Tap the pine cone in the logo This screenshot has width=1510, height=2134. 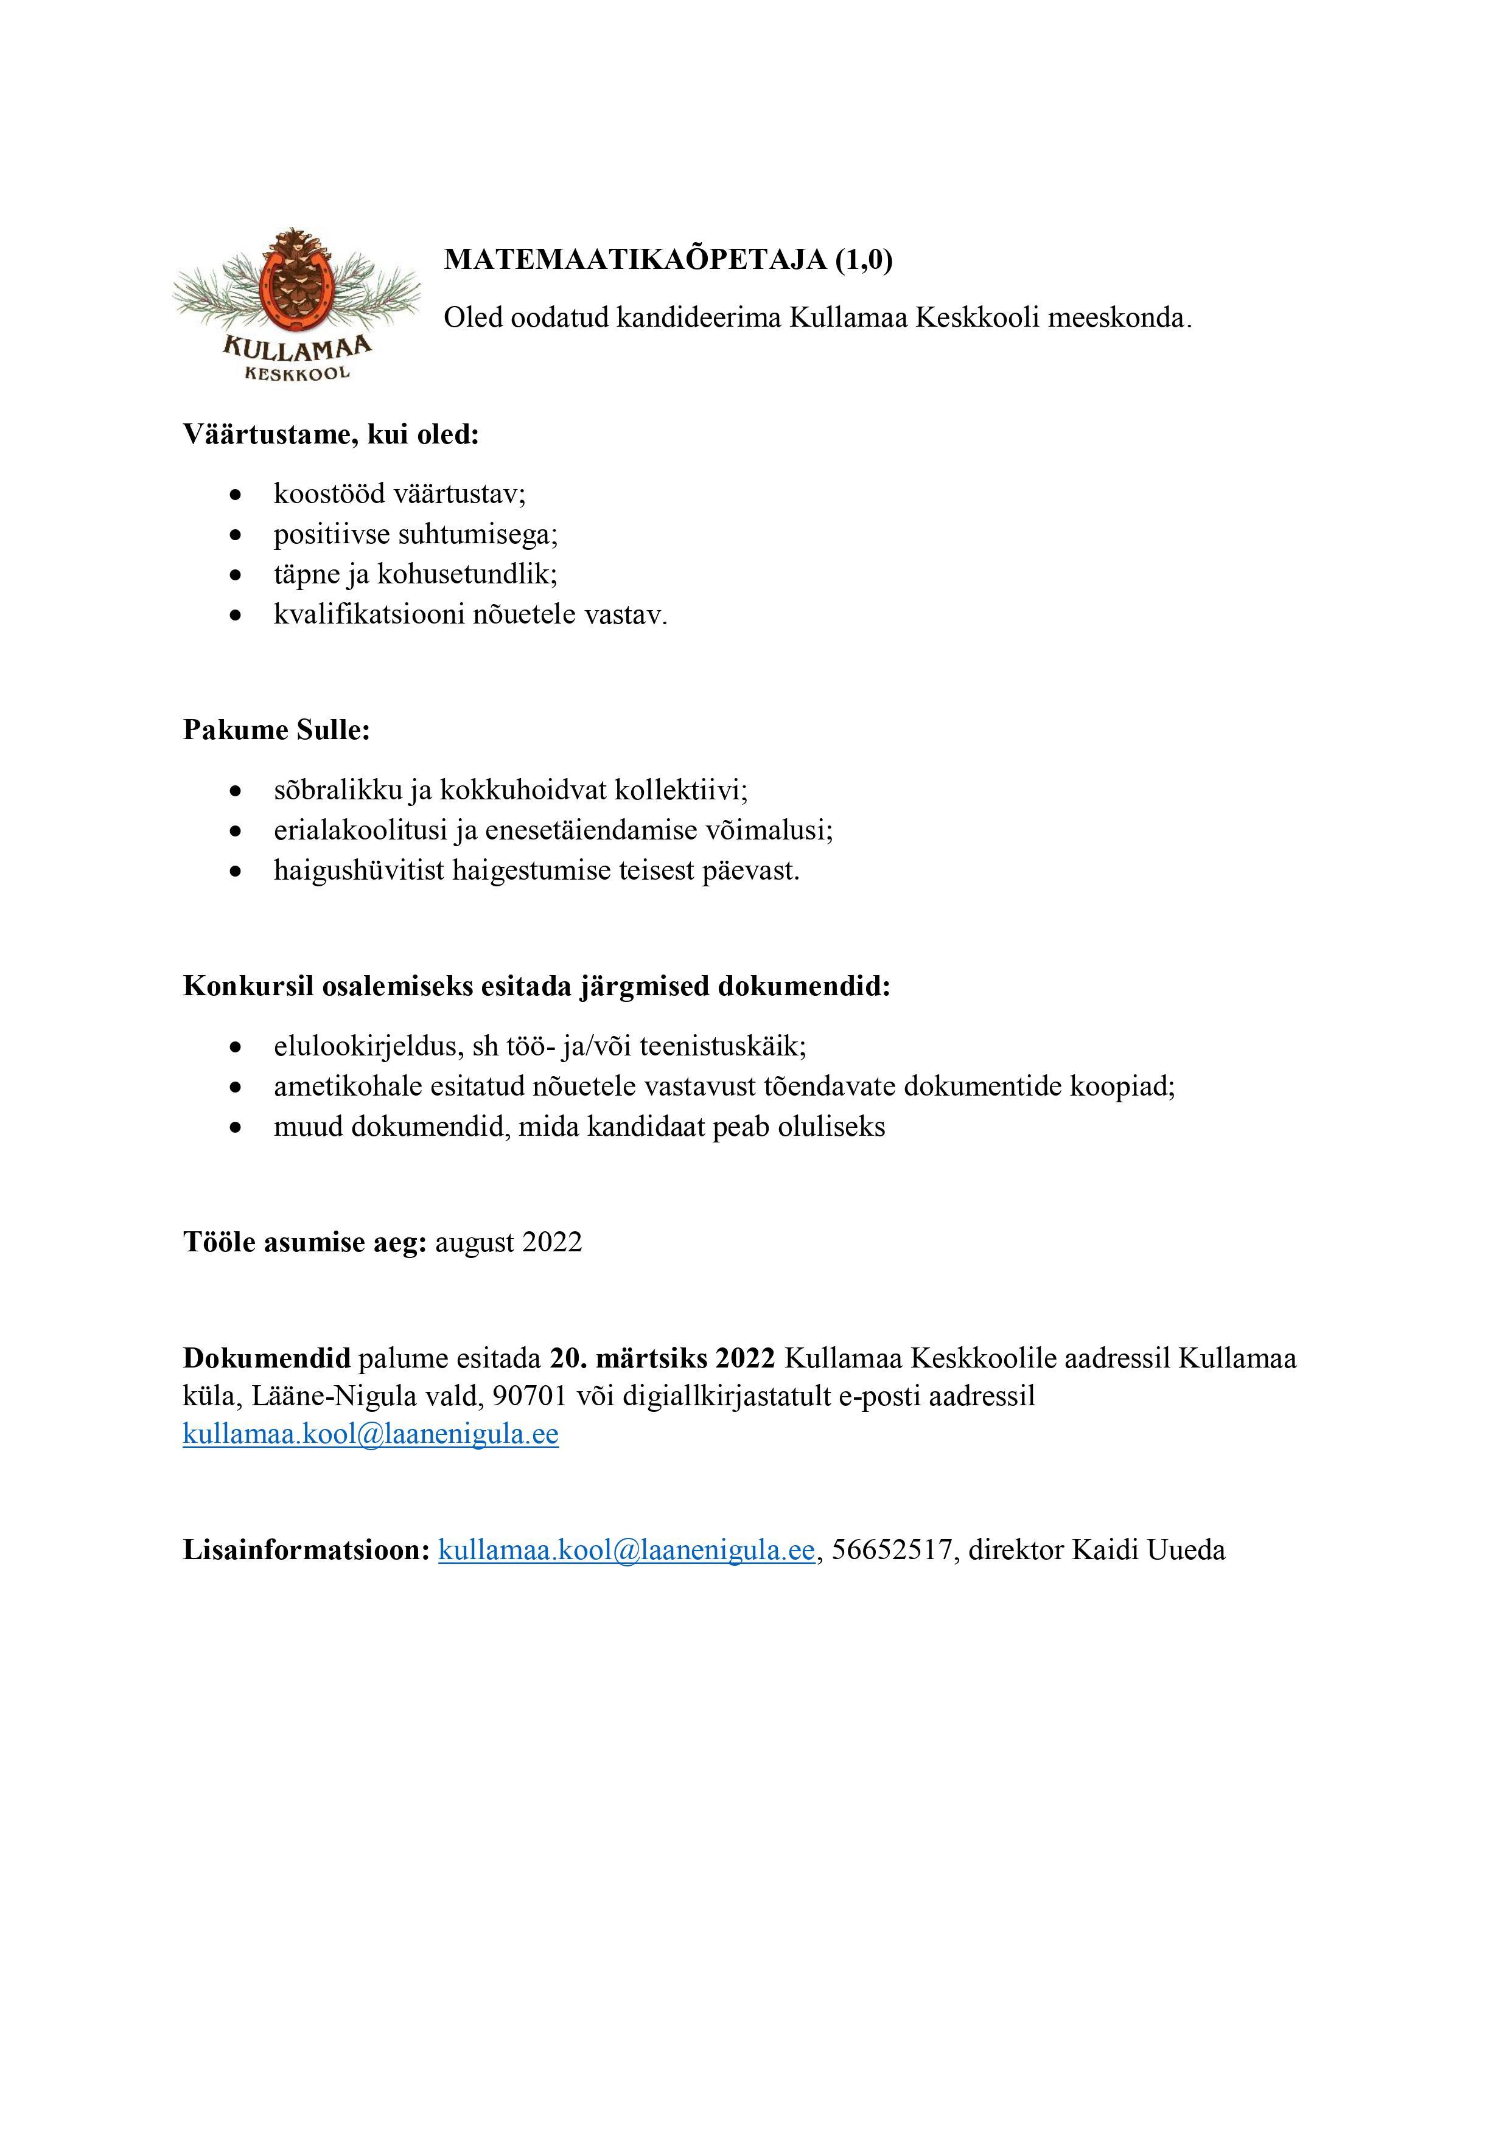click(x=296, y=279)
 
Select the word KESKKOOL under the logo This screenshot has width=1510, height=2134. click(x=298, y=373)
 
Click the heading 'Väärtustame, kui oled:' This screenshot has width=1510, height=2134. click(x=331, y=434)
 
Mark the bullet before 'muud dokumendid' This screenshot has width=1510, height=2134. click(x=237, y=1127)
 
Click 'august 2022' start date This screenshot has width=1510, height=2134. click(x=509, y=1243)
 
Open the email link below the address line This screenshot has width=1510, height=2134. click(x=370, y=1434)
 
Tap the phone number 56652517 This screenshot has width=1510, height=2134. click(x=892, y=1549)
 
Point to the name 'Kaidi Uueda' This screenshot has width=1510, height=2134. click(x=1148, y=1549)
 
